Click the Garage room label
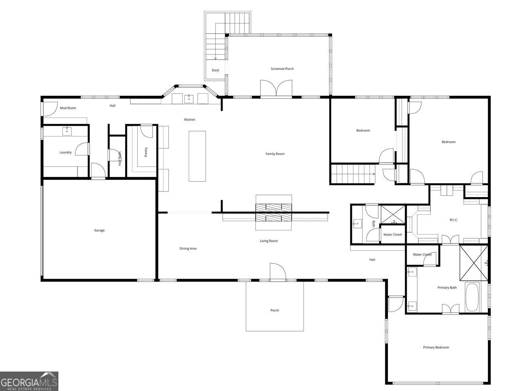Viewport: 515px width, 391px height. tap(99, 230)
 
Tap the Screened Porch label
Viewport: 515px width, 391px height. tap(282, 69)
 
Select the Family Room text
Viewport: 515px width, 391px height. tap(275, 154)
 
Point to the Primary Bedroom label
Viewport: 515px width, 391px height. tap(436, 347)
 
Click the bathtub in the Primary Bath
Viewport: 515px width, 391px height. tap(472, 297)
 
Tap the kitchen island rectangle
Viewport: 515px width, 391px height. tap(197, 156)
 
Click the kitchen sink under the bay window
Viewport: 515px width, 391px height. tap(189, 99)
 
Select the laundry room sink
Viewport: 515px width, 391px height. tap(67, 131)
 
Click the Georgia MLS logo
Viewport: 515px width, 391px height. tap(29, 381)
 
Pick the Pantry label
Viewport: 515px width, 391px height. tap(146, 152)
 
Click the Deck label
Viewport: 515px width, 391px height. tap(215, 70)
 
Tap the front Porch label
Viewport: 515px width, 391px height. tap(274, 310)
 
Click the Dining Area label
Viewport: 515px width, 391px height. tap(188, 249)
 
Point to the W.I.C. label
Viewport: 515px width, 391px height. tap(454, 220)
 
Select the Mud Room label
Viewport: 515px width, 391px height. tap(68, 108)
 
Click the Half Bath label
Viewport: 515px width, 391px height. tap(120, 159)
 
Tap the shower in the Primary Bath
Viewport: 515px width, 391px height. tap(474, 263)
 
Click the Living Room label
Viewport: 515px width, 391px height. tap(269, 241)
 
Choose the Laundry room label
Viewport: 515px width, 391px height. tap(65, 152)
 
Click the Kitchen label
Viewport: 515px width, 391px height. tap(190, 120)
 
